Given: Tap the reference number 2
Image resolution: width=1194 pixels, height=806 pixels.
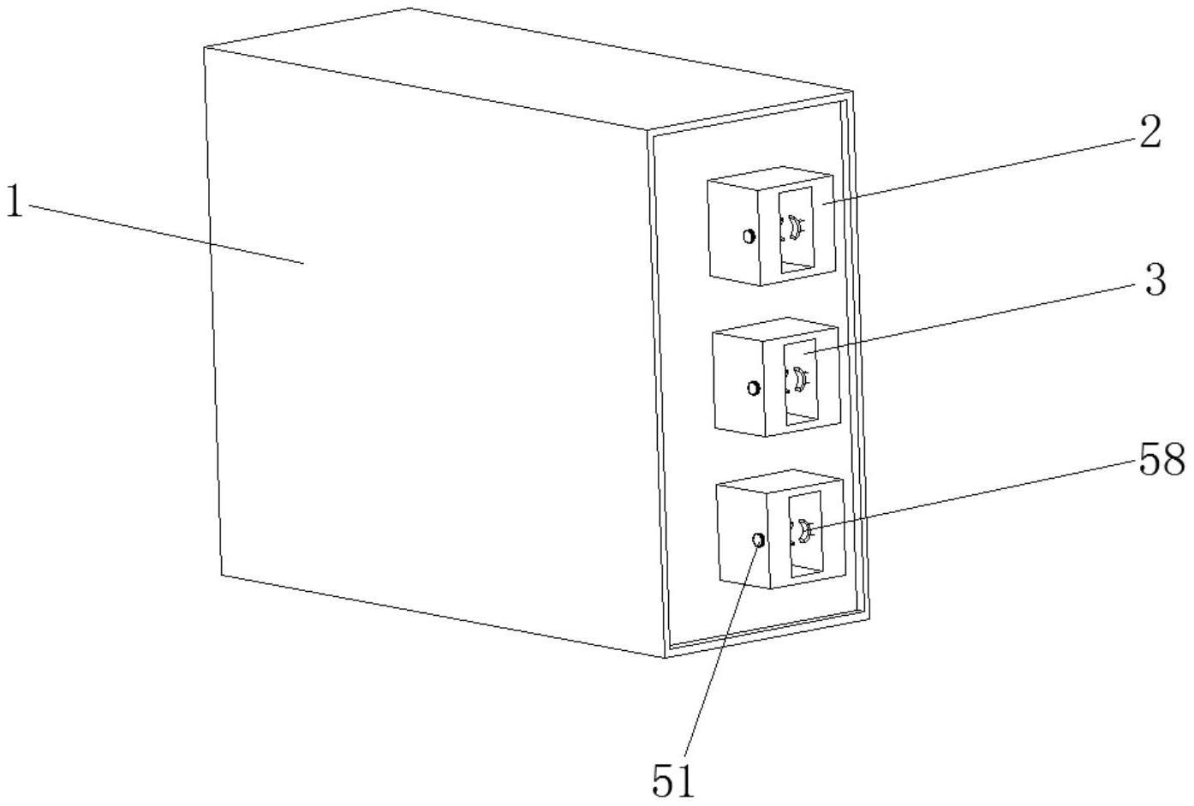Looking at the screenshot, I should pos(1149,134).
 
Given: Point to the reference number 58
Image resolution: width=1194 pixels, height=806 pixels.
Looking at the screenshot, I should pos(1161,461).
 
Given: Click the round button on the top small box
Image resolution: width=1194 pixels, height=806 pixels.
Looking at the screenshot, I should pos(749,236).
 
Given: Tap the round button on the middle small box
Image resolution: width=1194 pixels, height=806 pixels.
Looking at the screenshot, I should pos(754,388).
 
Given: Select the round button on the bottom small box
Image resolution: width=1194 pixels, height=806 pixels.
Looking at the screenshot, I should pos(758,540).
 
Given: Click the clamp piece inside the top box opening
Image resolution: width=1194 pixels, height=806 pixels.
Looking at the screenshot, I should pos(795,229).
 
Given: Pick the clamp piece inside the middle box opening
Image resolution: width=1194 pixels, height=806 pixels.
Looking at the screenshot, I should pos(798,379).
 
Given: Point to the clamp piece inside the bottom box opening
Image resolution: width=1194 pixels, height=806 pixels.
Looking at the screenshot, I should pos(803,532).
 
